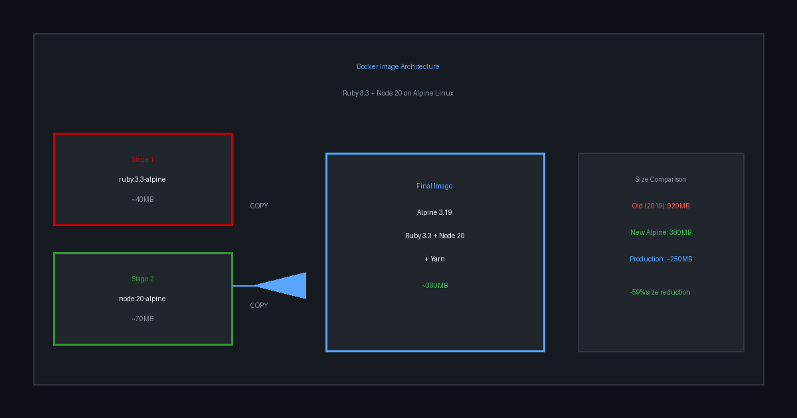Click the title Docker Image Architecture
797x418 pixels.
(x=398, y=66)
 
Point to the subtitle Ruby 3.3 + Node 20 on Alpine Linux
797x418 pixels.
(x=398, y=93)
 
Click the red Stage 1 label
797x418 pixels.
(x=143, y=159)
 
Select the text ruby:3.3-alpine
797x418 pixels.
(x=143, y=179)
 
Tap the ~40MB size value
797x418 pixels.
(x=143, y=199)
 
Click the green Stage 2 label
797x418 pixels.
(x=143, y=279)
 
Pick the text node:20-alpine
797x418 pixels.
(x=143, y=299)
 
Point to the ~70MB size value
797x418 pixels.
(x=143, y=318)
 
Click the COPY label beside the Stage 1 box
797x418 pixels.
(x=259, y=206)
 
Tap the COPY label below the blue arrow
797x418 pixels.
(x=259, y=305)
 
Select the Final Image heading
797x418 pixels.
(x=435, y=186)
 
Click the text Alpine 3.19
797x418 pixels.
(x=435, y=212)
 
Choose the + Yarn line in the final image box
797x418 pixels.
(x=435, y=259)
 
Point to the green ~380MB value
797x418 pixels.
(x=435, y=285)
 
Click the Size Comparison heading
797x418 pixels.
(x=661, y=179)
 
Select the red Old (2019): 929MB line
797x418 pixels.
(x=661, y=206)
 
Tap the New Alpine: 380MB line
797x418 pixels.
(x=661, y=232)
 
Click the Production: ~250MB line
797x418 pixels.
(x=661, y=259)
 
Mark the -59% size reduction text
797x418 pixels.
(x=660, y=292)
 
